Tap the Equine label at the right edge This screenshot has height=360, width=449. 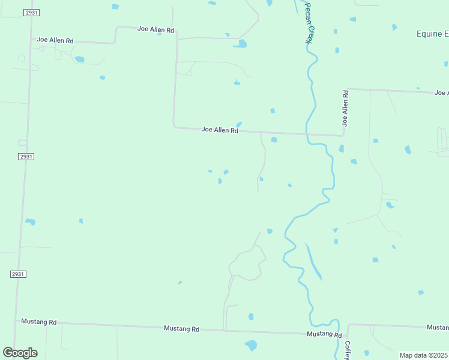point(432,34)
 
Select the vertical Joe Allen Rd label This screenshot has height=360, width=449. point(345,108)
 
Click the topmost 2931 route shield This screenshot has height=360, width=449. point(32,13)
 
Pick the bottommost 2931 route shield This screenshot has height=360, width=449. point(18,274)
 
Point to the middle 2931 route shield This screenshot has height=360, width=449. point(26,157)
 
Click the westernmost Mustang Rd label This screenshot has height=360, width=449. point(38,322)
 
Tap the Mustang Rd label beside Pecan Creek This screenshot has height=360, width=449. point(324,334)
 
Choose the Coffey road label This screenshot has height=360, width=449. point(347,350)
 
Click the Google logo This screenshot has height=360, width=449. point(20,352)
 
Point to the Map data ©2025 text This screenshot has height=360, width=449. point(424,355)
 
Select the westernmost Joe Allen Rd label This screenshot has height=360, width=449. point(55,40)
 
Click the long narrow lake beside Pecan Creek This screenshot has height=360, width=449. point(313,262)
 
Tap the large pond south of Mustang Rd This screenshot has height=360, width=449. point(251,345)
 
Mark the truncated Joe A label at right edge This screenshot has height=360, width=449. point(441,92)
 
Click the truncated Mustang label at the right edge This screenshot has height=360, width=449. point(438,327)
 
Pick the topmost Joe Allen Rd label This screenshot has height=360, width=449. point(155,29)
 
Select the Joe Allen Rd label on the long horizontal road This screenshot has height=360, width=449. point(220,130)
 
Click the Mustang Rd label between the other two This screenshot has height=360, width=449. point(181,329)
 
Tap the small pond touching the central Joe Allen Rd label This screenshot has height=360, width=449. point(239,124)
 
